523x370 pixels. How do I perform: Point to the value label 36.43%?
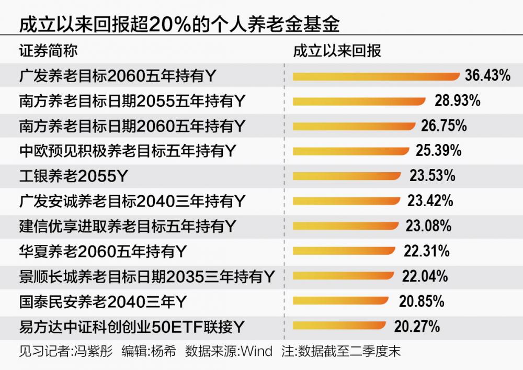[x=487, y=76]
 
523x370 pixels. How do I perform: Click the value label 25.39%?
[x=438, y=151]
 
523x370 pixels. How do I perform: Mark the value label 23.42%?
[x=430, y=201]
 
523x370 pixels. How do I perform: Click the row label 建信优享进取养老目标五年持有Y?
[x=128, y=226]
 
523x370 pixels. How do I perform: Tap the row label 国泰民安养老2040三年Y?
[x=102, y=301]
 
